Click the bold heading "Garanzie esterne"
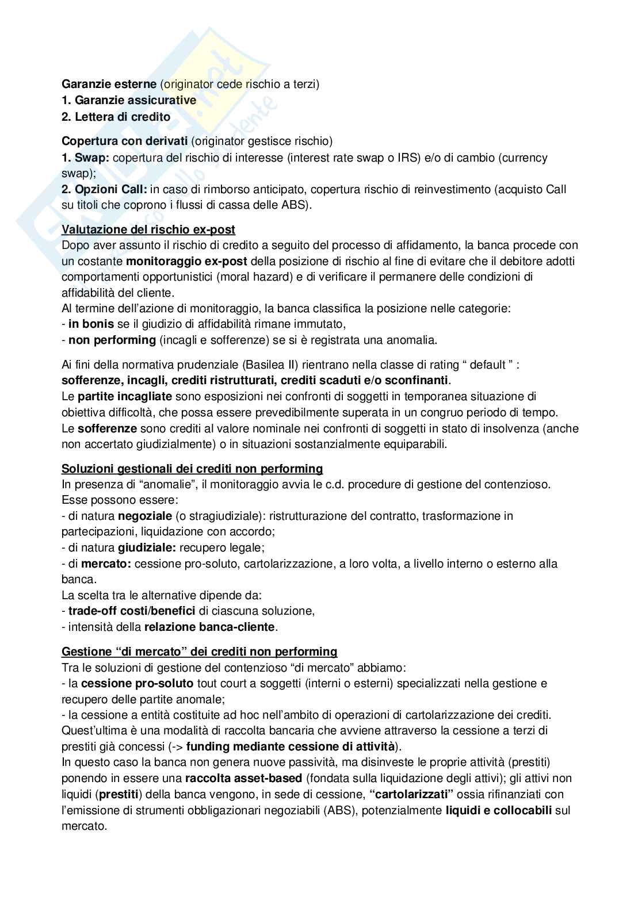(109, 84)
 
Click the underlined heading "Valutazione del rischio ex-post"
(148, 229)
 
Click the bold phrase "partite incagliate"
(125, 396)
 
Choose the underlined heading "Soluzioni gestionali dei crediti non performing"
(192, 469)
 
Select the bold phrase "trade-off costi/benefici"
(132, 611)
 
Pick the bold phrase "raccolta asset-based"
(243, 778)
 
